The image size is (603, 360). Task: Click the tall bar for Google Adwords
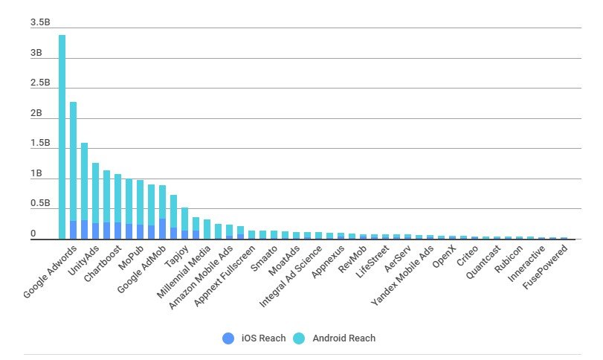click(x=62, y=134)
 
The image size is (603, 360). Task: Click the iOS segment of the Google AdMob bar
click(x=162, y=229)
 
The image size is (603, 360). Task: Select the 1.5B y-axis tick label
click(x=40, y=144)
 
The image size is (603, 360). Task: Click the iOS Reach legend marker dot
click(x=228, y=338)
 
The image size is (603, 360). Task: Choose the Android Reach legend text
click(x=344, y=338)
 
